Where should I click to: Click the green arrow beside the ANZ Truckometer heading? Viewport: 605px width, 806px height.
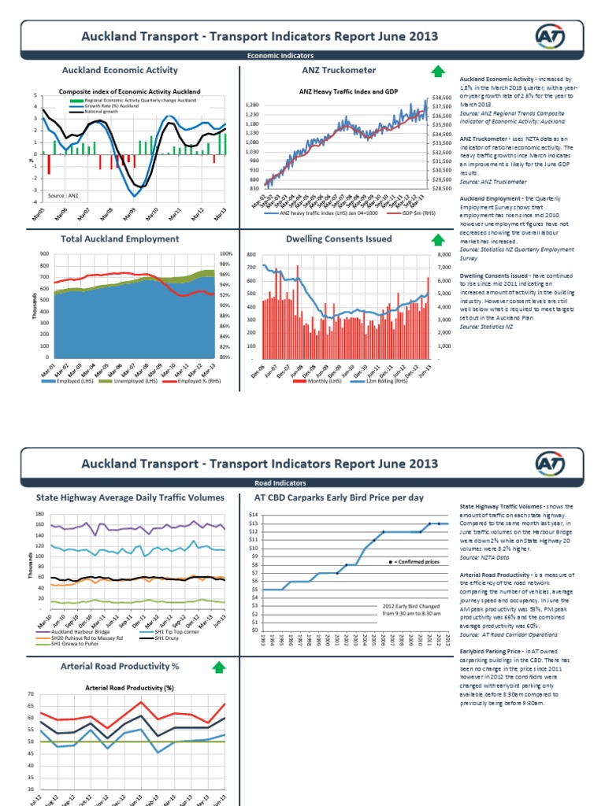tap(437, 72)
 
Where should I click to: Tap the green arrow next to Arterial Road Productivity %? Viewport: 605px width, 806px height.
tap(218, 668)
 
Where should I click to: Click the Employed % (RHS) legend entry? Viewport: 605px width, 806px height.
tap(192, 382)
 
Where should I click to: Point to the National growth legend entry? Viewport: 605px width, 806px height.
tap(95, 113)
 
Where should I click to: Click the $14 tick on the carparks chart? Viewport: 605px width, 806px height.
tap(253, 515)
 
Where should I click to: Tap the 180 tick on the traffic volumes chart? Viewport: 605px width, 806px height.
tap(39, 515)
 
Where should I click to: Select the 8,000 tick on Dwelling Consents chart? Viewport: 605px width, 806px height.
tap(444, 255)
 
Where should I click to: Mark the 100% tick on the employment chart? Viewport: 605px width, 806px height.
tap(225, 253)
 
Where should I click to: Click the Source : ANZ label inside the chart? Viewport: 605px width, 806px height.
tap(63, 194)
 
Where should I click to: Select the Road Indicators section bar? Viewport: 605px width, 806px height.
tap(280, 482)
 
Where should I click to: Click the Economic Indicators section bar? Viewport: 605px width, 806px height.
tap(280, 56)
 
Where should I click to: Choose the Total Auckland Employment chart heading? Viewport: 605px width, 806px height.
tap(120, 238)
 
